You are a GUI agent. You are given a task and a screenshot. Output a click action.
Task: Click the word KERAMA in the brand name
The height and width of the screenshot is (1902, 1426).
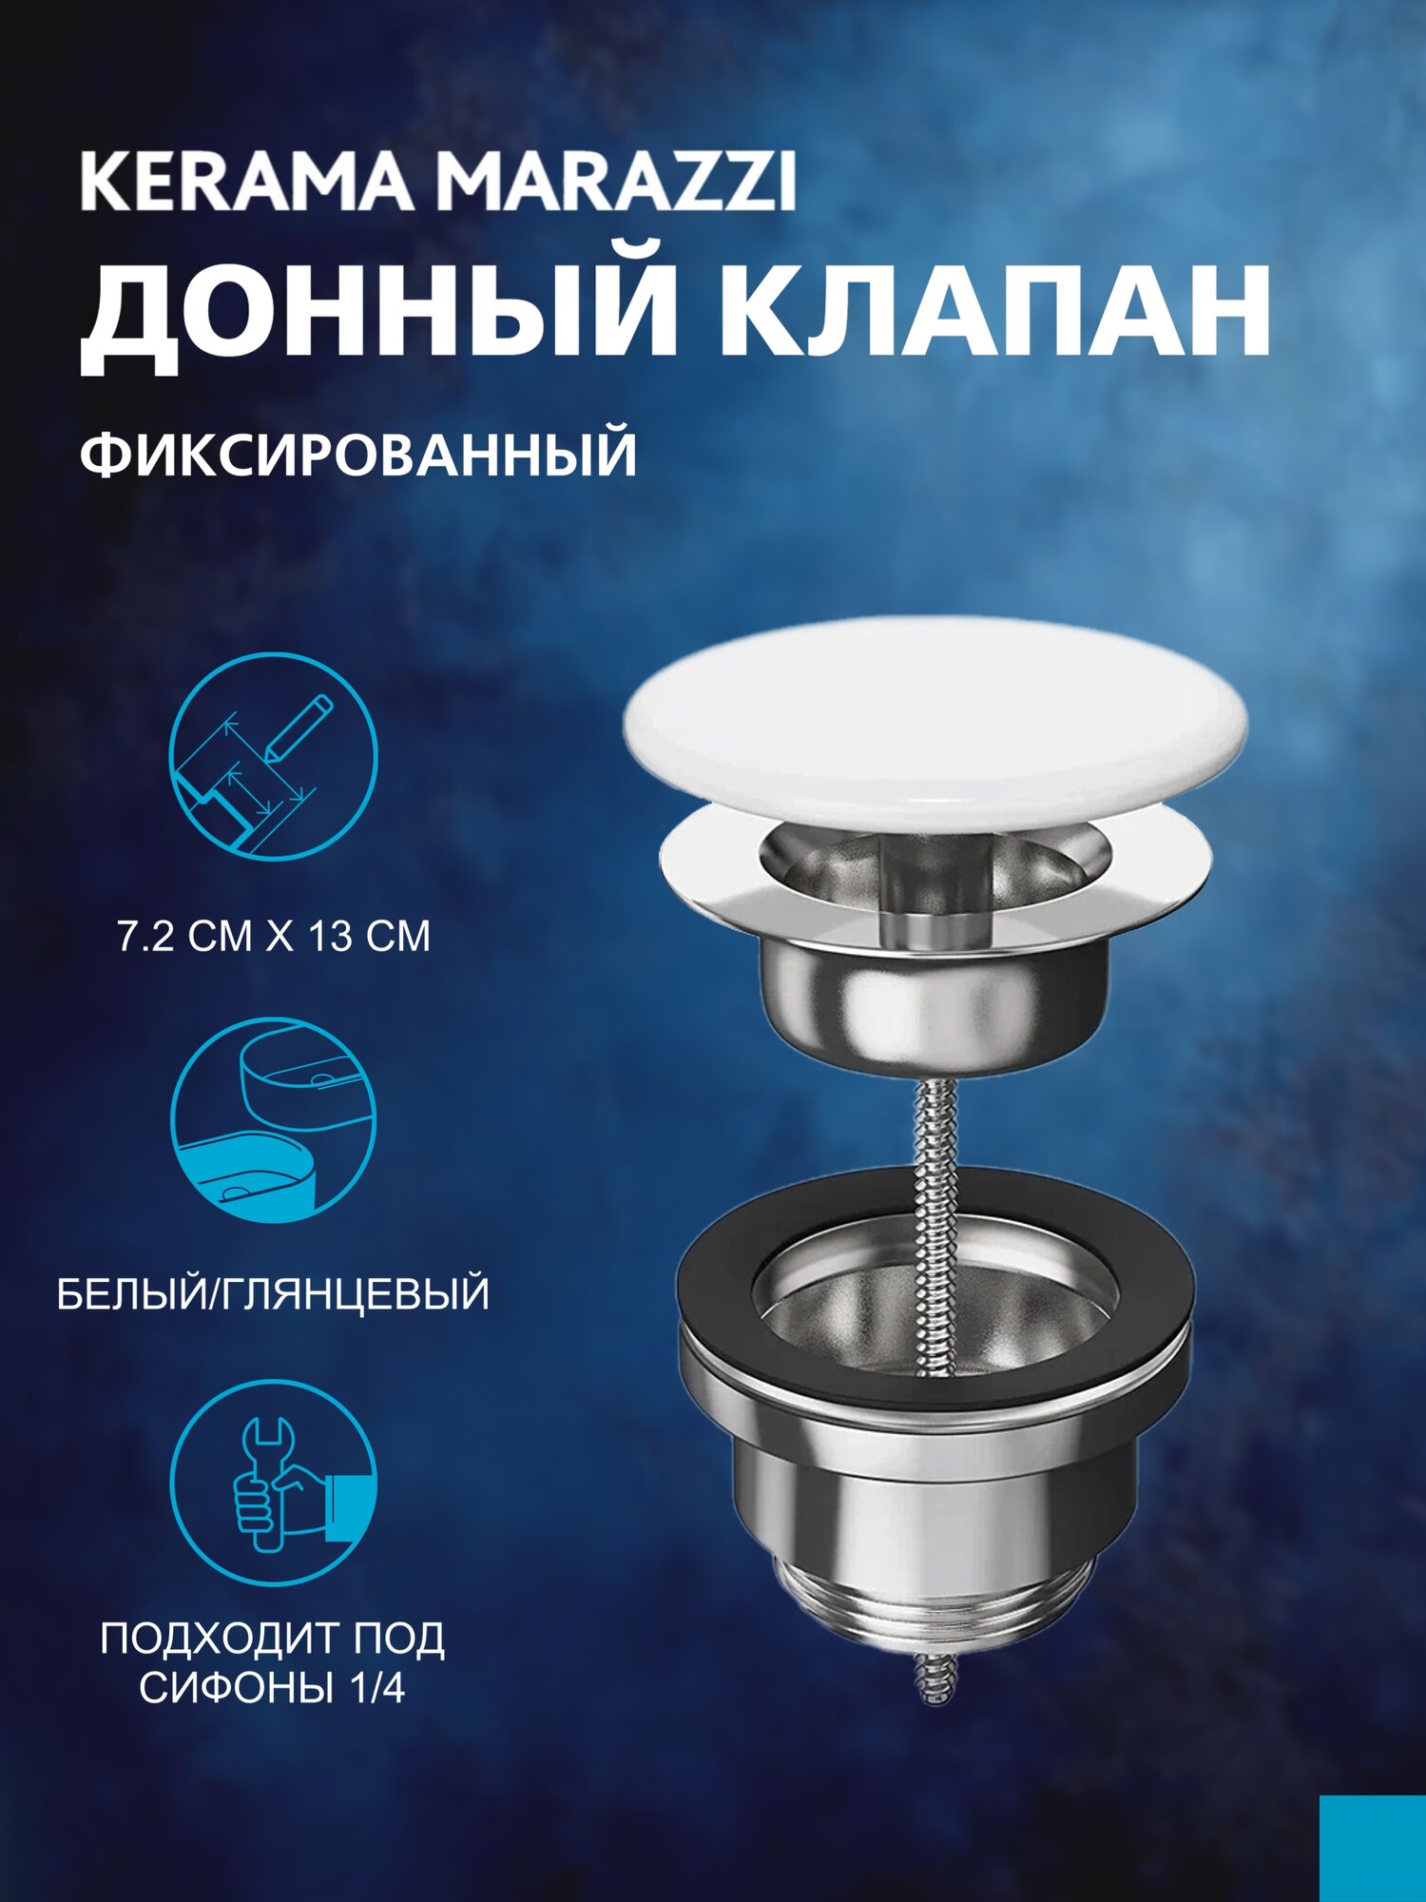pyautogui.click(x=245, y=184)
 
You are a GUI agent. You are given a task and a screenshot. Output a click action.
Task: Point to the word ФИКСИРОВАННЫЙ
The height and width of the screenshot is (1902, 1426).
pyautogui.click(x=358, y=455)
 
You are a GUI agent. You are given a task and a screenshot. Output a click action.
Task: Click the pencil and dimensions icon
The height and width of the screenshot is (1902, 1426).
pyautogui.click(x=274, y=756)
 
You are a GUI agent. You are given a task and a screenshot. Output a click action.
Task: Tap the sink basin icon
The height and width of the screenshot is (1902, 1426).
pyautogui.click(x=274, y=1122)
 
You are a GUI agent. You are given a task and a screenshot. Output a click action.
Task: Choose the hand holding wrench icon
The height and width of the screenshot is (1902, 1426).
pyautogui.click(x=274, y=1485)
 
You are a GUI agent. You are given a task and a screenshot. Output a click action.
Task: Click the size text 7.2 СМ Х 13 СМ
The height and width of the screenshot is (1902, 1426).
pyautogui.click(x=274, y=937)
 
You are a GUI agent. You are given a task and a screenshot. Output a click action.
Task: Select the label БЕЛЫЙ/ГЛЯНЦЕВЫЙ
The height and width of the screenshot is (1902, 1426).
pyautogui.click(x=274, y=1295)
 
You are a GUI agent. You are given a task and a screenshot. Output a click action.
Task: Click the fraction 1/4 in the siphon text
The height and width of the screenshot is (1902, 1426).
pyautogui.click(x=378, y=1689)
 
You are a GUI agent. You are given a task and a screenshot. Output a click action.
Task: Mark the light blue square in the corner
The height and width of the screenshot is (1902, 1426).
pyautogui.click(x=1373, y=1849)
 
